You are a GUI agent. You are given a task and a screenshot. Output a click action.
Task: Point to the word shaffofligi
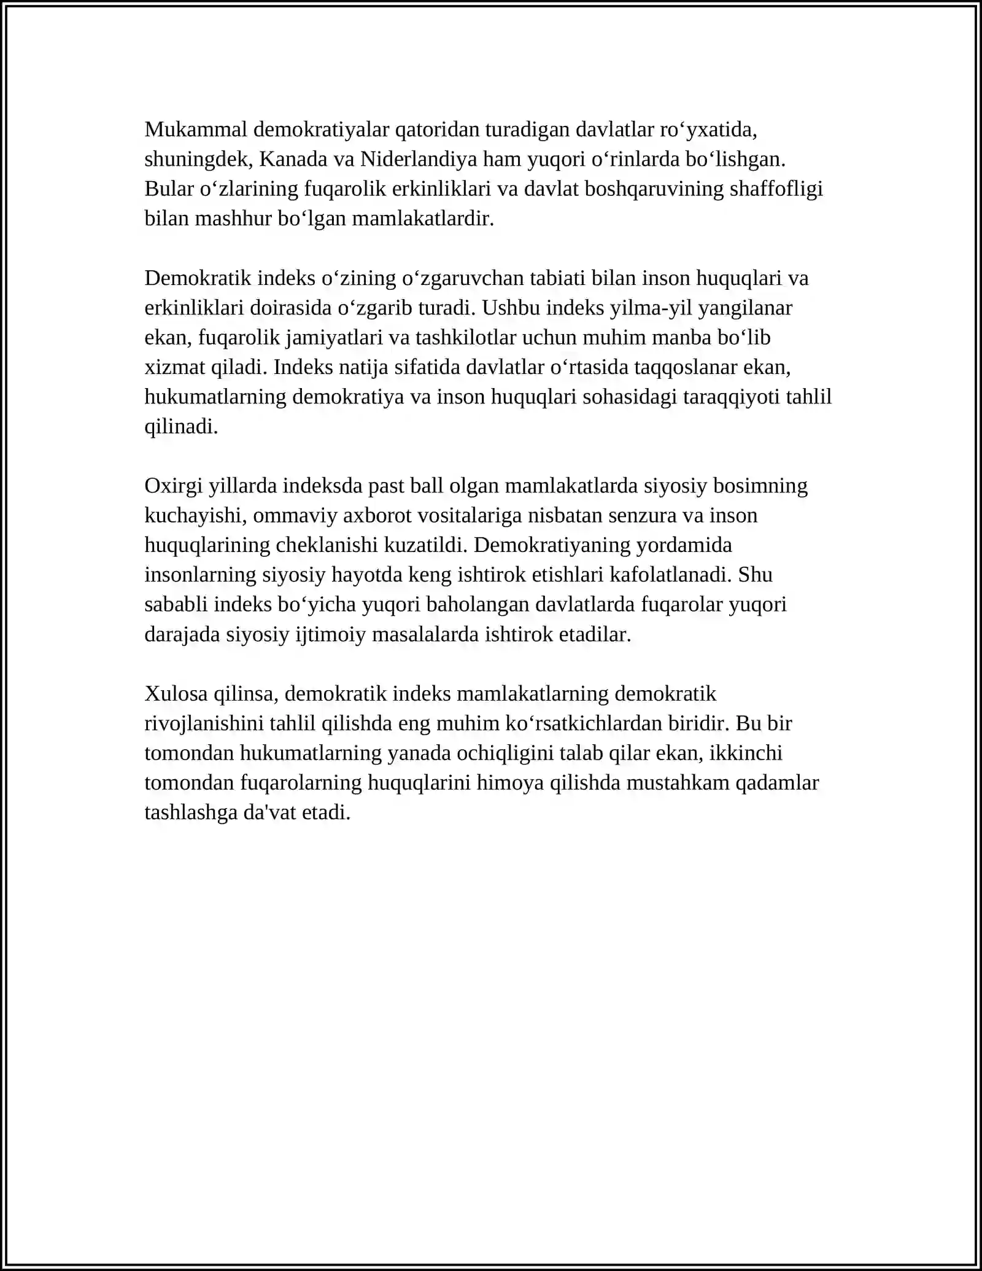coord(776,189)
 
